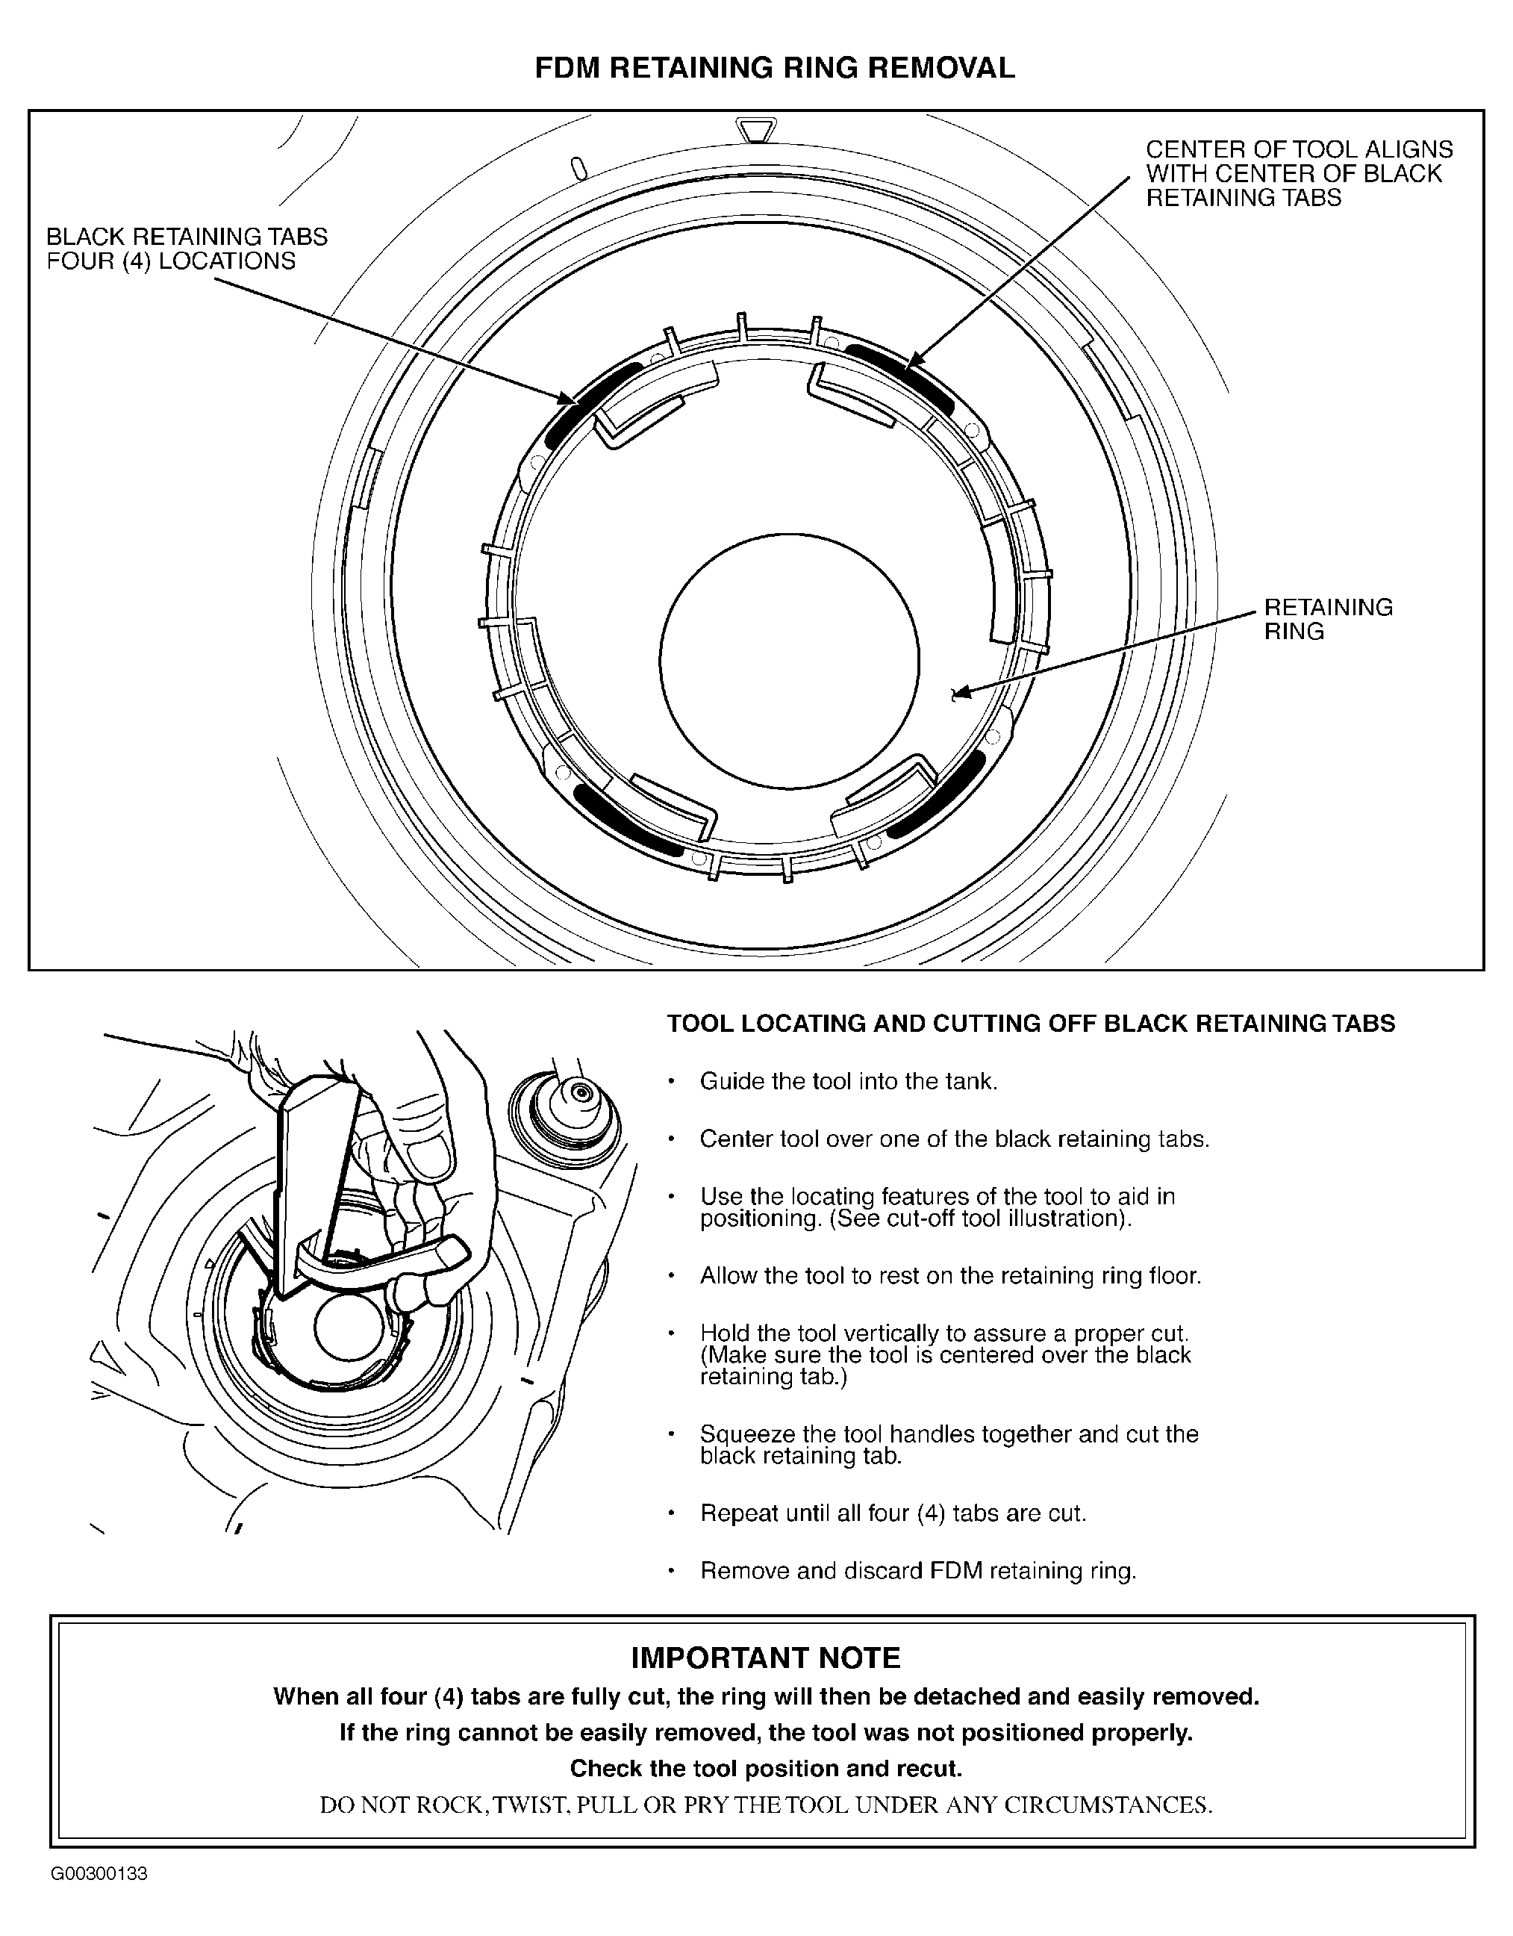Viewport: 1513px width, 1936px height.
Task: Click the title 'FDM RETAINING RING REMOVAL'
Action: [x=774, y=68]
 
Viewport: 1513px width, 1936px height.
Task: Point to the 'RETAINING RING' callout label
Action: [x=1327, y=620]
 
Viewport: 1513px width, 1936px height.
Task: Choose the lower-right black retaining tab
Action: [x=938, y=794]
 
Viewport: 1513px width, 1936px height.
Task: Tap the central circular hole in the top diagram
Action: [x=789, y=662]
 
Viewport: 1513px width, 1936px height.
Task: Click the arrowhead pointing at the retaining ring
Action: [x=957, y=695]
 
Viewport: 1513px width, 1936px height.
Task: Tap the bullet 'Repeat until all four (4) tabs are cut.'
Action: [x=893, y=1513]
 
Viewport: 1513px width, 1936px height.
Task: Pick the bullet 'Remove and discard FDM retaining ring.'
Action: [x=917, y=1571]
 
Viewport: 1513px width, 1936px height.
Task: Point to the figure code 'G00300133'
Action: [x=99, y=1874]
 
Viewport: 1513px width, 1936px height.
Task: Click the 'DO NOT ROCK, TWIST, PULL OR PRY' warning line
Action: [x=765, y=1805]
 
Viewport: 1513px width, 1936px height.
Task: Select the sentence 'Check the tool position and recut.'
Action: [x=765, y=1769]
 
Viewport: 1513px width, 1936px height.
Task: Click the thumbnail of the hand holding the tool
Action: [x=355, y=1277]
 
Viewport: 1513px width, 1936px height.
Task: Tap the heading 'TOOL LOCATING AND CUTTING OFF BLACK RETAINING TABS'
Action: [x=1030, y=1024]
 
